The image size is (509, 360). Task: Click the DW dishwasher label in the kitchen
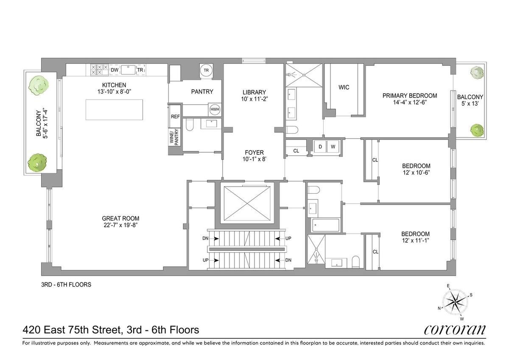coord(115,70)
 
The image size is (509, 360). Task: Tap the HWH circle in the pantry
coord(215,109)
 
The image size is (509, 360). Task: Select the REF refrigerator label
coord(175,117)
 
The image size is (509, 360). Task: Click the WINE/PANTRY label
coord(174,137)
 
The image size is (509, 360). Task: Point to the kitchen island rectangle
coord(114,109)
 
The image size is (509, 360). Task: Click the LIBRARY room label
coord(254,92)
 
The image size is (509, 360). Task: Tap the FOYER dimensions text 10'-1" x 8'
coord(254,159)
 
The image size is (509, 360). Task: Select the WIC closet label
coord(344,87)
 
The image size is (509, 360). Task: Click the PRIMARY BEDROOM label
coord(410,96)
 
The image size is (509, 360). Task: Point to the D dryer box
coord(320,146)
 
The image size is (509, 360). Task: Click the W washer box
coord(333,146)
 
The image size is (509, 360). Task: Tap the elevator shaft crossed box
coord(247,203)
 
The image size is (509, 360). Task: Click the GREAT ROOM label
coord(120,218)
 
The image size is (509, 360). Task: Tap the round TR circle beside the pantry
coord(206,70)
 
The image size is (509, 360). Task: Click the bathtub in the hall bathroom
coord(326,225)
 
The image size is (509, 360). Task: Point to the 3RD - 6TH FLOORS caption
coord(66,285)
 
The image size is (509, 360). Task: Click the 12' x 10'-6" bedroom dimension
coord(416,173)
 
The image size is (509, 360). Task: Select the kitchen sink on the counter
coord(129,70)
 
